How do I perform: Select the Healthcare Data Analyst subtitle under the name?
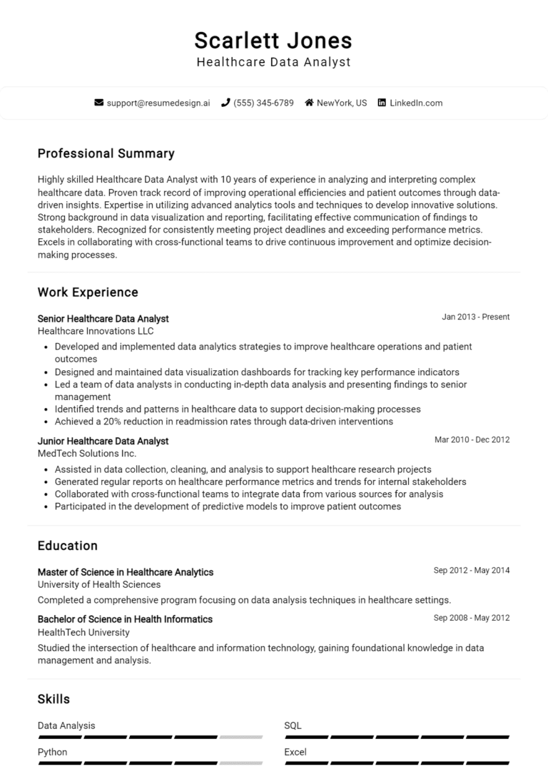[x=273, y=62]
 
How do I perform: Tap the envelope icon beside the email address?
[x=99, y=103]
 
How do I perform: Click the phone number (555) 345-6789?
[x=263, y=103]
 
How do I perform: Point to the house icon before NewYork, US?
[x=309, y=103]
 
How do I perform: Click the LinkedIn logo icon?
[x=382, y=103]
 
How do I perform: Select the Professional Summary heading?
[x=106, y=153]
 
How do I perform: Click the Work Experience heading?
[x=88, y=292]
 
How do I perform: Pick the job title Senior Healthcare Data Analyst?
[x=103, y=319]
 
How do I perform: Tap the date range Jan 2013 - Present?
[x=475, y=317]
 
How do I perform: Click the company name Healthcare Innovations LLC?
[x=96, y=331]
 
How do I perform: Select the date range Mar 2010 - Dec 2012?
[x=472, y=439]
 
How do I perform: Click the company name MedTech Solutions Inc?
[x=86, y=453]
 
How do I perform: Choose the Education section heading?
[x=67, y=546]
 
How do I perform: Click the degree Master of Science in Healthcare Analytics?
[x=125, y=572]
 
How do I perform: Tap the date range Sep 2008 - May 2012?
[x=472, y=618]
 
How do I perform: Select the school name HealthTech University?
[x=83, y=632]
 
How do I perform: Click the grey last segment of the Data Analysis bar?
[x=240, y=737]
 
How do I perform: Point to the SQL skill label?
[x=293, y=725]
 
